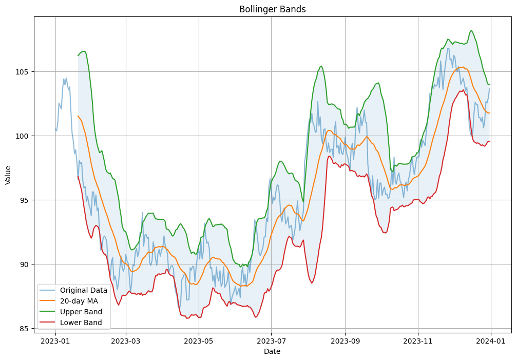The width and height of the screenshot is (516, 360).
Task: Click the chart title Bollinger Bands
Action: click(272, 9)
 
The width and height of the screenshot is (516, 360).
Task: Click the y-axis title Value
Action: click(8, 175)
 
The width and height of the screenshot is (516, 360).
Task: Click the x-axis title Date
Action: click(272, 351)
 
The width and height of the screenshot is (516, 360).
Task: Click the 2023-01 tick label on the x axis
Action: click(55, 340)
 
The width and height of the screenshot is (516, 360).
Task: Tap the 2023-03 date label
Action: click(126, 340)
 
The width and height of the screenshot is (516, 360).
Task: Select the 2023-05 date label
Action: click(199, 340)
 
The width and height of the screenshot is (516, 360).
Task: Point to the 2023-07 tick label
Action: click(271, 340)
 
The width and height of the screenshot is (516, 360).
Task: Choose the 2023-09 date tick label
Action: click(345, 340)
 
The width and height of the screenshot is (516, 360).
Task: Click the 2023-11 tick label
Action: click(418, 340)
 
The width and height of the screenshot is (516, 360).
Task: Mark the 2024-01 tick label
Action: click(491, 340)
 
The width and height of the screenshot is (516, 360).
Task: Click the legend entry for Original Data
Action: click(83, 290)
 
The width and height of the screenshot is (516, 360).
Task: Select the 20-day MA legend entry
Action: click(79, 301)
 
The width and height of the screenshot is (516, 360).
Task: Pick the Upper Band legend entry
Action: click(81, 312)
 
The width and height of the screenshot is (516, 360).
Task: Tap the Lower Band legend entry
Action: click(81, 323)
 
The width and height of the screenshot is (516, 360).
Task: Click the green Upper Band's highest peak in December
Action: click(471, 31)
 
